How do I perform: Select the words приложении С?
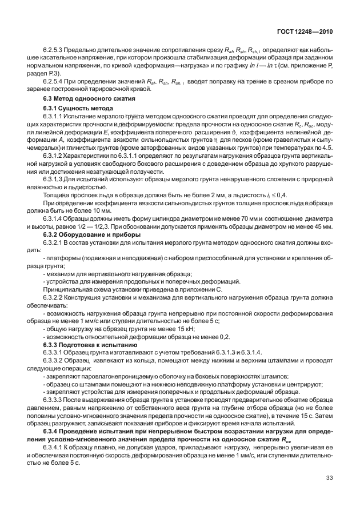tap(203, 289)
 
